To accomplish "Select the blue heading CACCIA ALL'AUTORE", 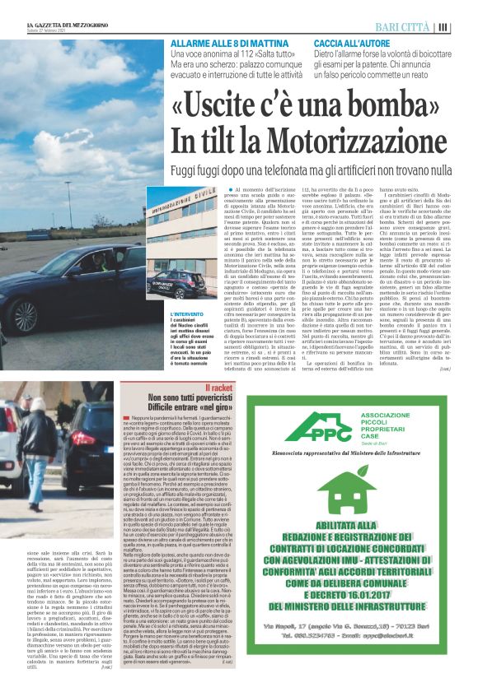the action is tap(353, 41).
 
